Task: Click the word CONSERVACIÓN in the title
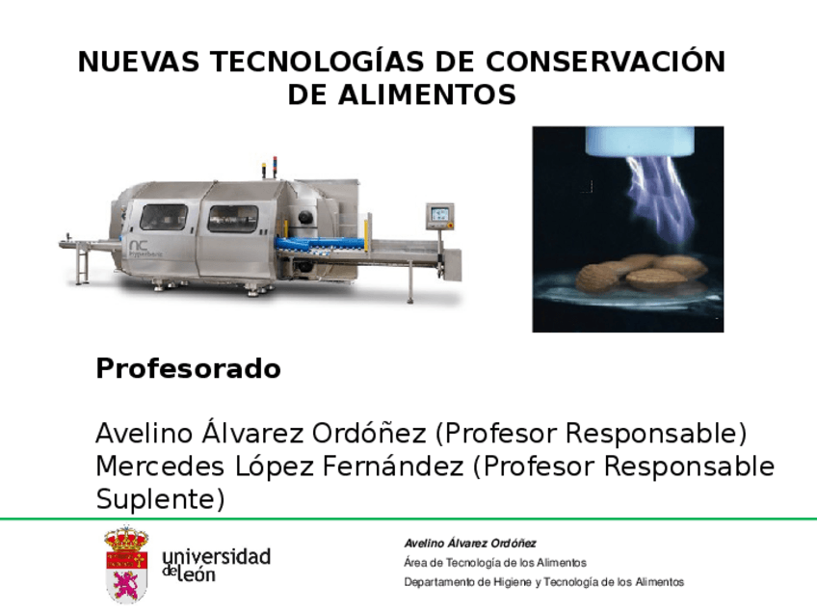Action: [x=605, y=63]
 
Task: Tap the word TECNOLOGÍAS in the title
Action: [x=319, y=63]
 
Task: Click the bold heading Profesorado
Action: [x=188, y=369]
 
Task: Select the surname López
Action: [x=272, y=466]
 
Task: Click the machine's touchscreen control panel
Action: [x=439, y=214]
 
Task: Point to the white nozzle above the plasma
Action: [x=629, y=141]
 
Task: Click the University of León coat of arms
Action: [x=126, y=565]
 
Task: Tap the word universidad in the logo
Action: [x=217, y=556]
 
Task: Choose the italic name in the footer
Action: [x=470, y=544]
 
